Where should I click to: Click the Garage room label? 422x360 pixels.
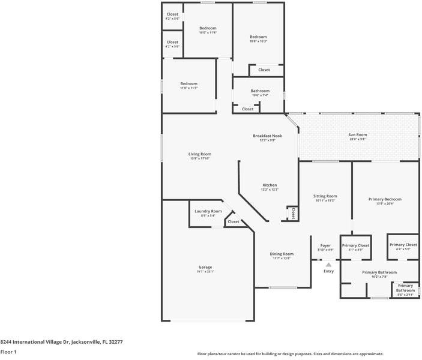[x=205, y=267]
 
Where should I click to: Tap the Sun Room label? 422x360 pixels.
[x=357, y=135]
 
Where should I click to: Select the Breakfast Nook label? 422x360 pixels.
[x=267, y=136]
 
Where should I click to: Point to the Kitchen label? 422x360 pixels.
[x=270, y=185]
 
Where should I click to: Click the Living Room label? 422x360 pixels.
[x=200, y=154]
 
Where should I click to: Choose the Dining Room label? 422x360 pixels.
[x=282, y=254]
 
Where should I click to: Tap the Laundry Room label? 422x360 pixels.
[x=208, y=211]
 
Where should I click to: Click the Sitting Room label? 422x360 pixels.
[x=325, y=196]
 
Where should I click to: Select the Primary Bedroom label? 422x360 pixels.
[x=385, y=199]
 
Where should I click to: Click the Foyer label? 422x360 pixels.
[x=325, y=245]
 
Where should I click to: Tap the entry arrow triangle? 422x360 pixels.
[x=328, y=264]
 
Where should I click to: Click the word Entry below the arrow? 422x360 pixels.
[x=328, y=271]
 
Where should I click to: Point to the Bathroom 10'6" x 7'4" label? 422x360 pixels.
[x=260, y=91]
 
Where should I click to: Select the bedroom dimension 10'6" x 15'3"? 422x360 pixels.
[x=258, y=41]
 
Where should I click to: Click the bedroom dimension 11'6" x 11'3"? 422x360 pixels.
[x=188, y=88]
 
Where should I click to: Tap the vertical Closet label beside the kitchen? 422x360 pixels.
[x=293, y=213]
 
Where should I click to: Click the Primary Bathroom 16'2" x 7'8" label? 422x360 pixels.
[x=379, y=272]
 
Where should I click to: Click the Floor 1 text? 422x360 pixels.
[x=8, y=352]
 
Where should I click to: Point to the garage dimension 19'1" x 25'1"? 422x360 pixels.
[x=205, y=272]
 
